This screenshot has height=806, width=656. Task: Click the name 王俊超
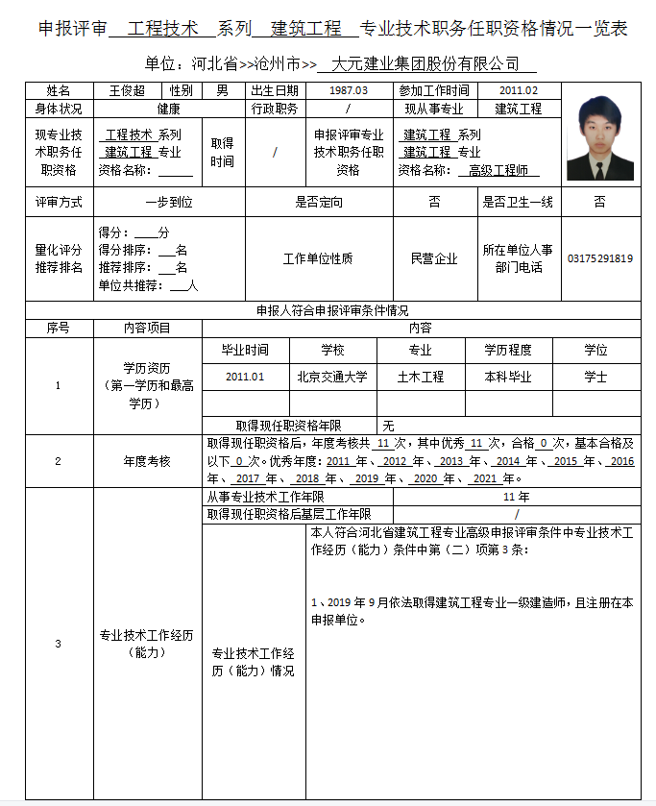point(127,90)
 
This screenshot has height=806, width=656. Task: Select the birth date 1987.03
point(348,90)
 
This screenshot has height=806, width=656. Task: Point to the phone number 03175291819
point(600,258)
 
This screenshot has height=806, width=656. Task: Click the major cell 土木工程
point(421,377)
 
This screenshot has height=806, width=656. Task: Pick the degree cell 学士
point(595,377)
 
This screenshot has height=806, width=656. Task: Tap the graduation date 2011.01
point(245,377)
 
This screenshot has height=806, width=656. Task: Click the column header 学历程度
point(508,351)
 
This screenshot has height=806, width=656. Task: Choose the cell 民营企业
point(434,258)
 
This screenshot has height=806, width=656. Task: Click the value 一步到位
point(169,203)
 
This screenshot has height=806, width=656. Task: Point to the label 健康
point(169,109)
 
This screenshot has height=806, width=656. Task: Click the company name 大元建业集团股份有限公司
point(425,64)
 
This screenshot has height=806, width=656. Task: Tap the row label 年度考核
point(147,461)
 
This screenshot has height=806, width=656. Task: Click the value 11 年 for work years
point(516,497)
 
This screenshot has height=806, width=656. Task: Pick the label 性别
point(182,90)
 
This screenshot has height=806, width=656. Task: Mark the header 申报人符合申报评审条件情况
point(332,310)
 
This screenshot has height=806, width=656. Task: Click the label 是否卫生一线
point(518,203)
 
